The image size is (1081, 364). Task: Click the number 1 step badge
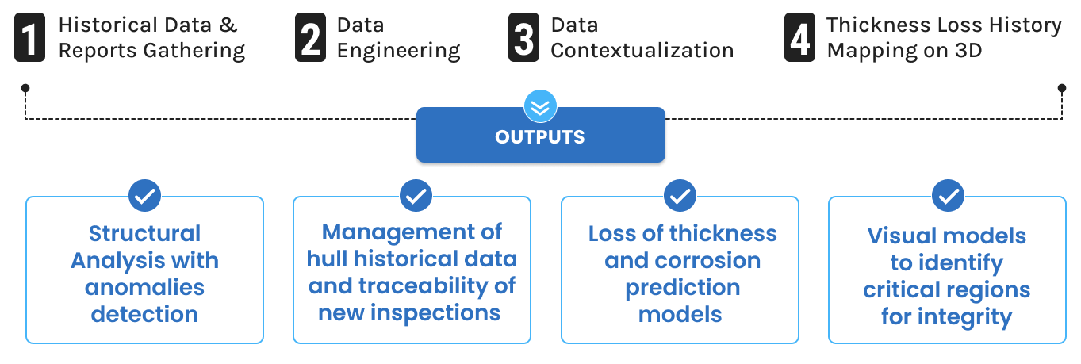30,37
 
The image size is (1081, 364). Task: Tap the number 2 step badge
310,37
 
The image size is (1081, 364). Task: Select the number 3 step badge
523,37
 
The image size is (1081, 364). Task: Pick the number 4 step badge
799,37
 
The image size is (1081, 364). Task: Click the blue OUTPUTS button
541,136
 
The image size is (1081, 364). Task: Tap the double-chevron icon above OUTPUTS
540,106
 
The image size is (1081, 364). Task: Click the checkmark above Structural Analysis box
145,196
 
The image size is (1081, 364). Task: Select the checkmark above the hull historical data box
416,196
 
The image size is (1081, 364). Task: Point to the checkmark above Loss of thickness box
680,196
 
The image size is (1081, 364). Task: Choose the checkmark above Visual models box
948,196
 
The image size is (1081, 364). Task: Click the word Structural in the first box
145,234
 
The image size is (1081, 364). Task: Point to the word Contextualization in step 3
642,50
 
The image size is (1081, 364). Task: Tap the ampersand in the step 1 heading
228,25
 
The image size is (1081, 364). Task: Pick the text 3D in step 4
968,50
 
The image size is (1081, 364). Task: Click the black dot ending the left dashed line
25,88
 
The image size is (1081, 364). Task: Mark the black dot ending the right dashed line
1062,88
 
